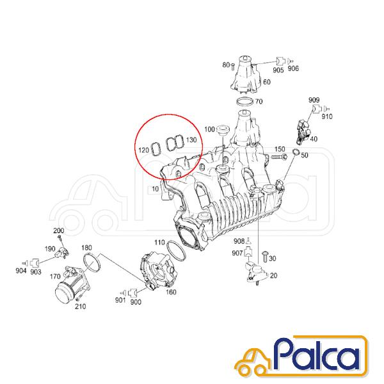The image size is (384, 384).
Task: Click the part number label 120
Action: [x=144, y=150]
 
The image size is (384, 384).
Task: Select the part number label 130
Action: [x=191, y=140]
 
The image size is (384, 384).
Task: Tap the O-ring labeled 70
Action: [x=245, y=101]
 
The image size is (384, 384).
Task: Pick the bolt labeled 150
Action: [x=278, y=157]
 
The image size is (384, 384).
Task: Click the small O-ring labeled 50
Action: [x=296, y=152]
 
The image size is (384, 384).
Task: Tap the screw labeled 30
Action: [x=265, y=257]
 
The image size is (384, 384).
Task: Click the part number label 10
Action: [x=156, y=189]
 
